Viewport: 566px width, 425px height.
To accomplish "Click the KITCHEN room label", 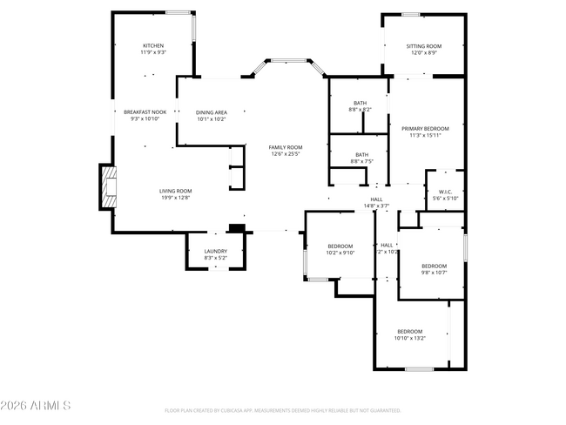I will pos(153,45).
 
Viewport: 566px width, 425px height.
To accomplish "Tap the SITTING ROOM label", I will pos(423,45).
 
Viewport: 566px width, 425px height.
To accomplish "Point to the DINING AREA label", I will pos(211,112).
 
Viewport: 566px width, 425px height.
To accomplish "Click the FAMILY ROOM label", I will pos(285,146).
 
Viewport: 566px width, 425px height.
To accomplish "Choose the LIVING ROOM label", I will pos(175,191).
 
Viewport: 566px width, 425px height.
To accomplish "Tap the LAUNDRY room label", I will pos(215,251).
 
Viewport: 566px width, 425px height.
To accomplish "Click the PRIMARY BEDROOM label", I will pos(426,128).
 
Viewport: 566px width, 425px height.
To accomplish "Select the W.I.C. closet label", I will pos(444,192).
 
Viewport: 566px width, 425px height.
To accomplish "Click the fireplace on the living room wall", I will pos(107,186).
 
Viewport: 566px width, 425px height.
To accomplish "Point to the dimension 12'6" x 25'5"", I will pos(285,153).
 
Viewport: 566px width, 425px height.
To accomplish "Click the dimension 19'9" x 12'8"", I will pos(175,198).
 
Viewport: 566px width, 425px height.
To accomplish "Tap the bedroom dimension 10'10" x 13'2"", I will pos(410,338).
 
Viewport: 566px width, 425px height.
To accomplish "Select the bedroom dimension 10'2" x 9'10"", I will pos(340,253).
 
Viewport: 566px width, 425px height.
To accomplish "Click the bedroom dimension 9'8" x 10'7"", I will pos(434,273).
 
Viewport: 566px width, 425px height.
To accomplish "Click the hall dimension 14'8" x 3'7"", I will pos(376,206).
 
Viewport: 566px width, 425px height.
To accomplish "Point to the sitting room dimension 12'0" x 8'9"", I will pos(423,52).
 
